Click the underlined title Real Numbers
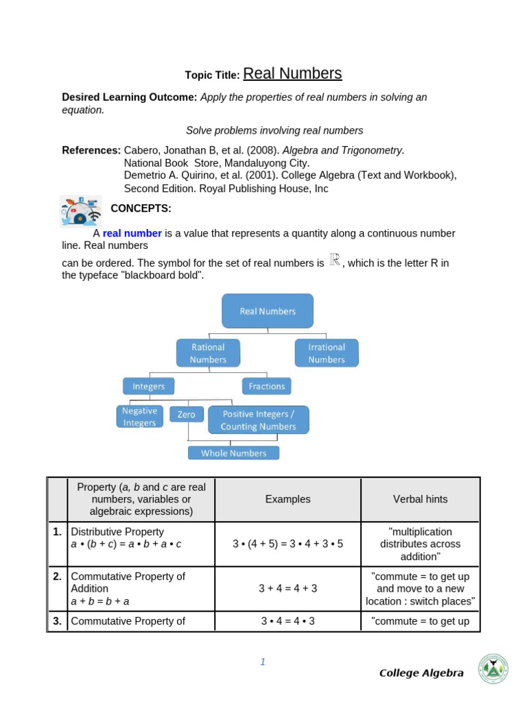292,74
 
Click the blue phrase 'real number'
132,233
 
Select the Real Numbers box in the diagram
268,311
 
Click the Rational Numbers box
208,353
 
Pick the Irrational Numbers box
327,353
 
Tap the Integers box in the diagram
149,386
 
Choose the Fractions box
267,386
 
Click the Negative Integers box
139,416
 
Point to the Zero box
187,414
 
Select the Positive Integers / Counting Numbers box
258,420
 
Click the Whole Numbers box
233,452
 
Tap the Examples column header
288,499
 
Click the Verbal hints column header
420,499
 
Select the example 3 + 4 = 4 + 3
288,588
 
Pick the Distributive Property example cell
288,544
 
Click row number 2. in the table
58,577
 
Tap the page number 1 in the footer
262,662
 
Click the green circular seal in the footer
493,668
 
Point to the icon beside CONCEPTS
81,210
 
